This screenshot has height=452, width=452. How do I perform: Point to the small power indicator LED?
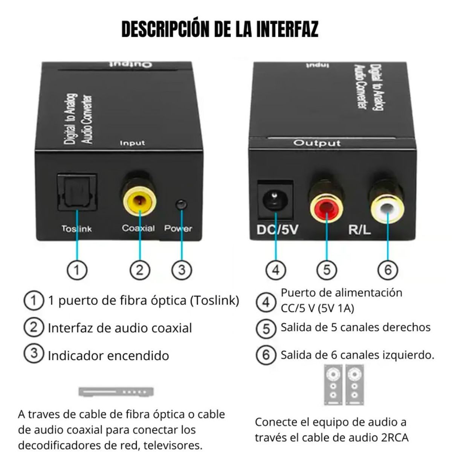click(x=182, y=205)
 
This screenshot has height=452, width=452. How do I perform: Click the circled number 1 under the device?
click(x=77, y=270)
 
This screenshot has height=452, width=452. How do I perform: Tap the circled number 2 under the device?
click(x=140, y=270)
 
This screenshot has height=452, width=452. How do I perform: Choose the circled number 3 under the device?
click(x=182, y=270)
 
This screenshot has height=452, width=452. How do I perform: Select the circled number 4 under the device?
click(x=276, y=270)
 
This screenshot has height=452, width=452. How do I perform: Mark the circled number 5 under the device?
click(x=326, y=270)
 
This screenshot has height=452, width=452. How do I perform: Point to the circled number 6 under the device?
click(x=388, y=270)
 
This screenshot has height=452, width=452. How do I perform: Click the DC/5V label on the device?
click(x=277, y=229)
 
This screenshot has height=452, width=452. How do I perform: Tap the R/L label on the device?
click(x=359, y=229)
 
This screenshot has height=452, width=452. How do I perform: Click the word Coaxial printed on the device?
click(x=138, y=228)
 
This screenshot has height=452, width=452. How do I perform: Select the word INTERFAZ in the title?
click(x=287, y=29)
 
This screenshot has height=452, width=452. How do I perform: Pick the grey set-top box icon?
click(x=116, y=392)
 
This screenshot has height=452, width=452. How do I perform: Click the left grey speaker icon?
click(x=333, y=385)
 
